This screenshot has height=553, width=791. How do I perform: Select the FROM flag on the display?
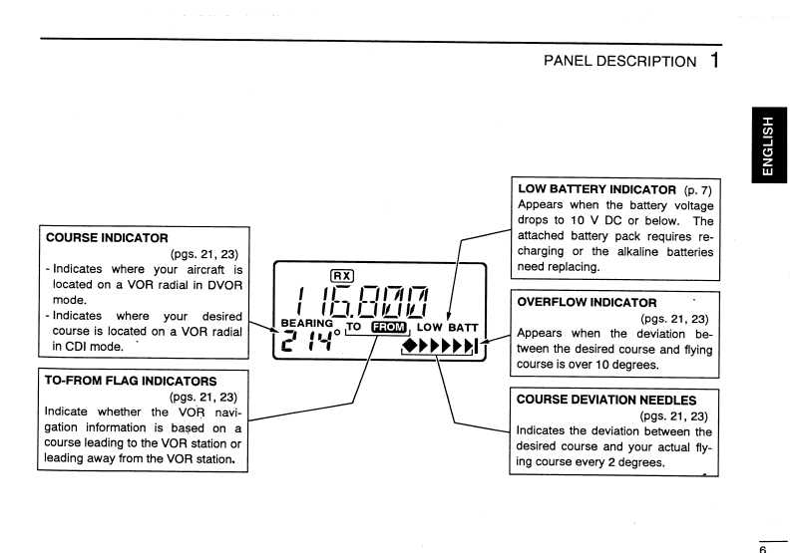click(389, 327)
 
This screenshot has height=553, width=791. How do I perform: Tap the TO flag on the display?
click(354, 326)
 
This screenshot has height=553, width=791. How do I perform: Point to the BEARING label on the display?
click(305, 323)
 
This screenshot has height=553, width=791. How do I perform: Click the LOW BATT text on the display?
click(448, 327)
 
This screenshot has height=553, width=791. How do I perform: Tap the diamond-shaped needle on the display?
click(413, 348)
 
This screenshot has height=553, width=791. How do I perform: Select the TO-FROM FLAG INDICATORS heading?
click(130, 380)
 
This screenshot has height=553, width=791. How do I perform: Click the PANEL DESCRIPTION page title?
click(618, 62)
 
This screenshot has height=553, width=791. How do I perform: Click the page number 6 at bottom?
click(763, 547)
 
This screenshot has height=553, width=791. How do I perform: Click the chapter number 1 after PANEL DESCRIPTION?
click(715, 60)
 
